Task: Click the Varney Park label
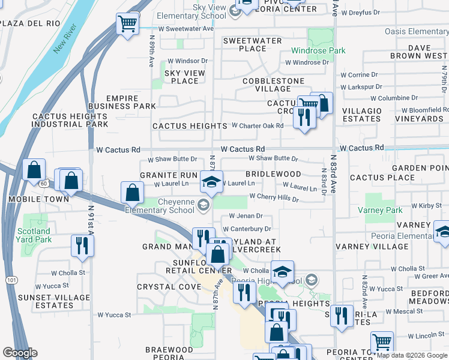(x=380, y=211)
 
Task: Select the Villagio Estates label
(x=361, y=115)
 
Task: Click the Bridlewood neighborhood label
(x=273, y=174)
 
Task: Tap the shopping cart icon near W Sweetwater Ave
(x=127, y=25)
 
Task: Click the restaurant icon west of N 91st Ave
(x=82, y=245)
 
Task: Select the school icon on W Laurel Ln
(x=211, y=181)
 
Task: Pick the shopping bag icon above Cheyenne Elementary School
(x=132, y=193)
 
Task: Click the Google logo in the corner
(x=20, y=353)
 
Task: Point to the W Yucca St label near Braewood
(x=114, y=315)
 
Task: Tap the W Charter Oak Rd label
(x=258, y=126)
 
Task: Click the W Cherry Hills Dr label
(x=274, y=197)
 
